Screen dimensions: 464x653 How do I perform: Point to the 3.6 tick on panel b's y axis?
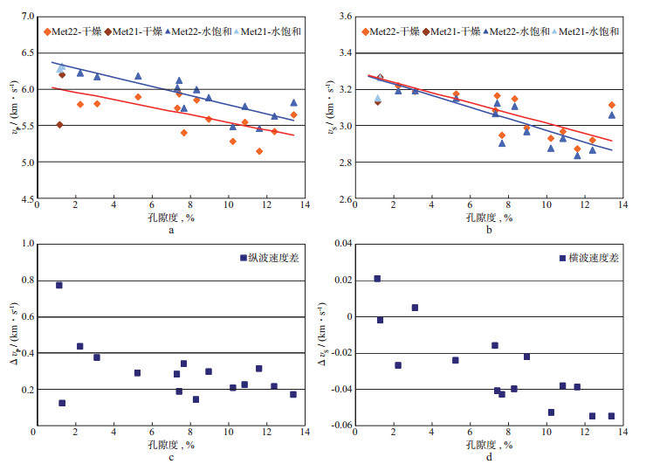click(x=343, y=17)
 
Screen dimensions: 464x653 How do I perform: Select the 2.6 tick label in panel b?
click(x=343, y=199)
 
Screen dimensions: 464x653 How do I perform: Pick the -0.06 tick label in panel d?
click(x=336, y=426)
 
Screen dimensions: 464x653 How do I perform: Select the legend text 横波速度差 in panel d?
click(x=593, y=259)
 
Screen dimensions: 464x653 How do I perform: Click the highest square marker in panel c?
click(x=59, y=285)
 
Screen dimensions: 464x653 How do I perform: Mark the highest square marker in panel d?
click(x=377, y=279)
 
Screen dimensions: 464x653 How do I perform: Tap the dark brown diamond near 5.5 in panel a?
click(x=59, y=125)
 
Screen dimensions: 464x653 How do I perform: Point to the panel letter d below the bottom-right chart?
click(x=488, y=455)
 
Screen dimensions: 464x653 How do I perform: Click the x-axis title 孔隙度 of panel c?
click(x=161, y=443)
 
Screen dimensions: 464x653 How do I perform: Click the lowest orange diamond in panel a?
click(x=259, y=151)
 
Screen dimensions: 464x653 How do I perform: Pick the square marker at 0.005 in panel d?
click(x=415, y=308)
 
